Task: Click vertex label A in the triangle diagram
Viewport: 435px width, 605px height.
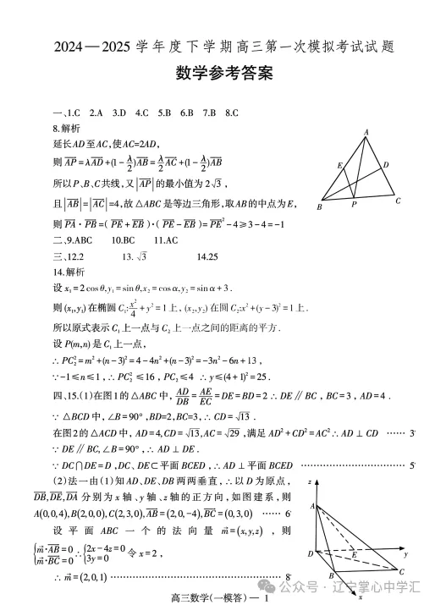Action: (x=366, y=132)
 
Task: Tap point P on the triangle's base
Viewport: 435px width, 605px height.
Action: (x=355, y=204)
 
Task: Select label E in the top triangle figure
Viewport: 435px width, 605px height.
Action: (x=339, y=165)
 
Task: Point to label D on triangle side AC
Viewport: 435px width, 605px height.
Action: (x=385, y=164)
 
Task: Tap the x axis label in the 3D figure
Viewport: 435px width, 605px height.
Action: (x=360, y=597)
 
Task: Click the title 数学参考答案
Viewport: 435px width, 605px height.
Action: (x=217, y=74)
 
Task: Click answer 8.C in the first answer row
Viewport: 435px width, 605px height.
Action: (x=229, y=113)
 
